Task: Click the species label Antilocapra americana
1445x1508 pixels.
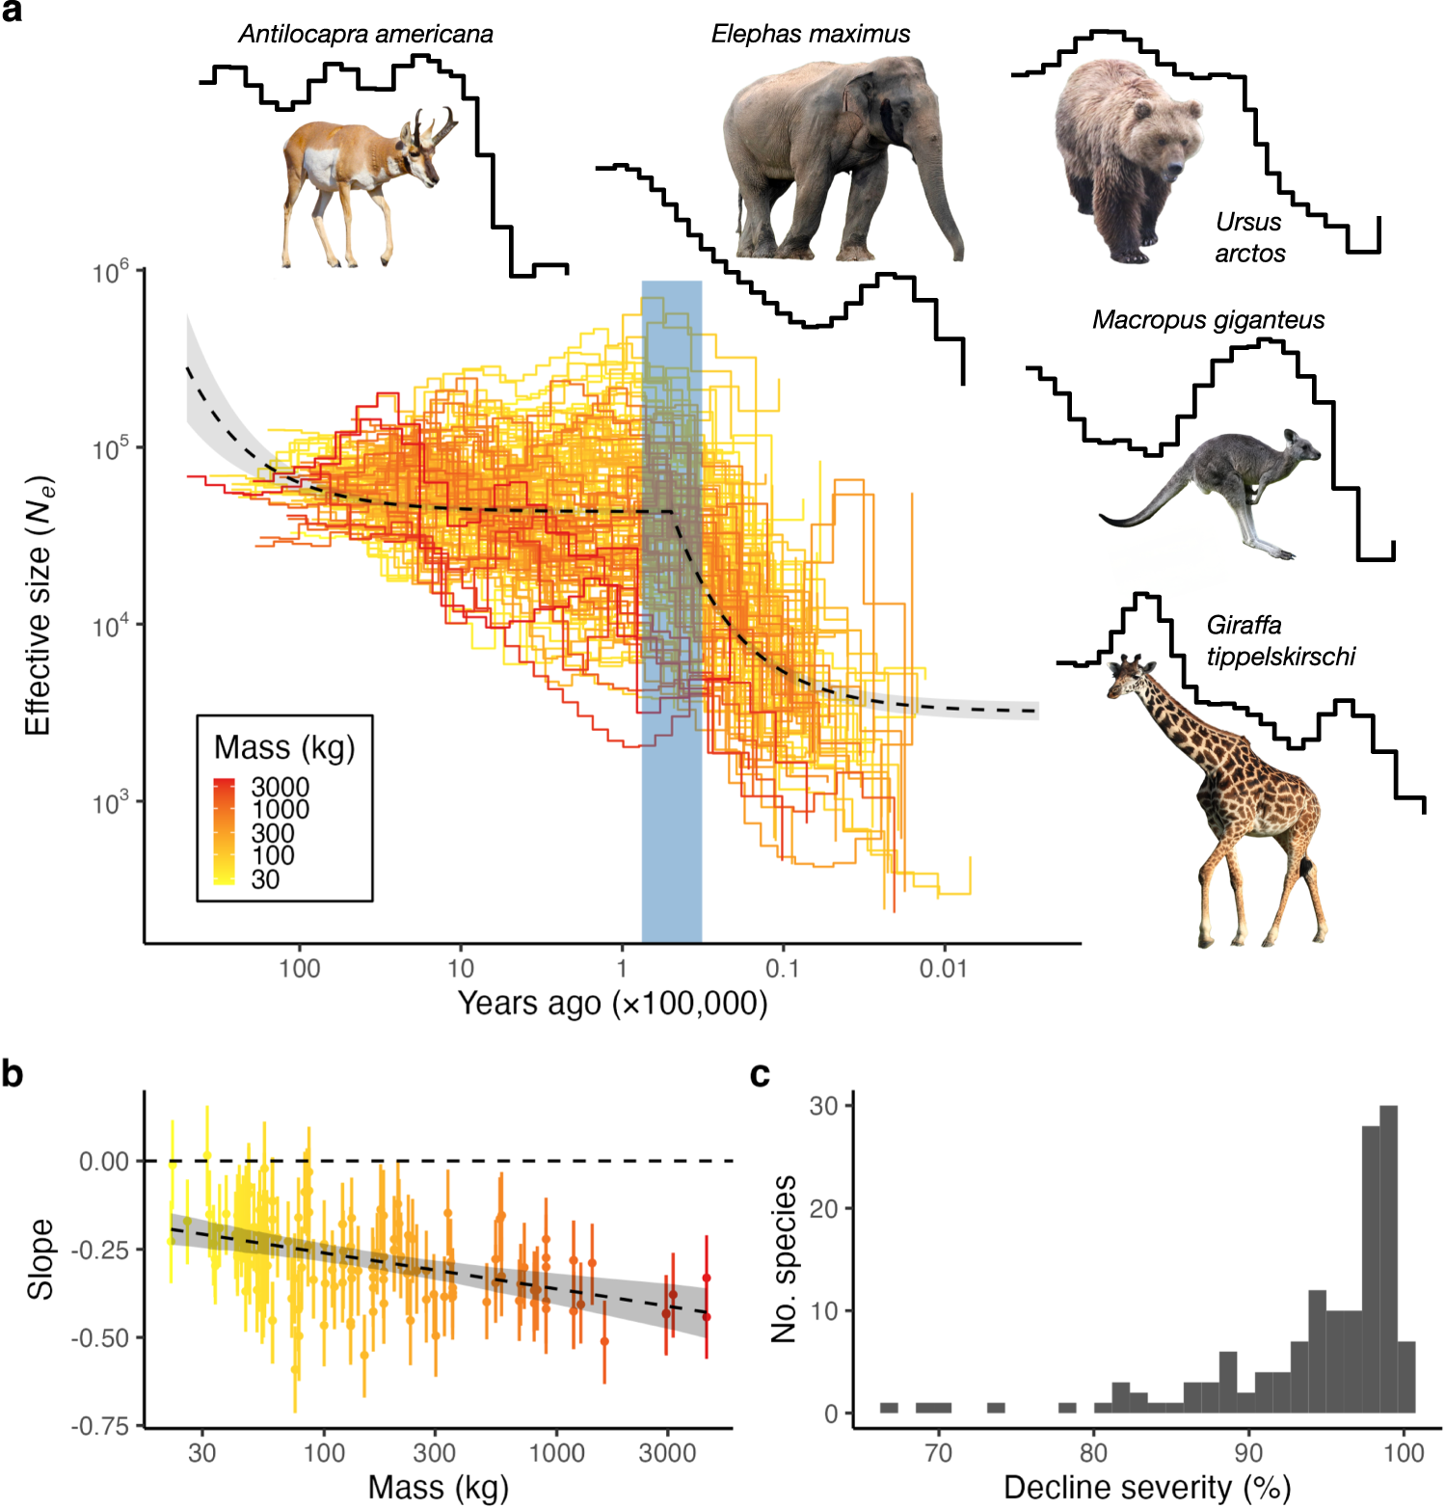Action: [365, 34]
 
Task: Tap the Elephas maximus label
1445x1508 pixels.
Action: [810, 34]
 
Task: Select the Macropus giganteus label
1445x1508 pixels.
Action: [1208, 320]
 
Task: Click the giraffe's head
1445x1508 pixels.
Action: [1126, 675]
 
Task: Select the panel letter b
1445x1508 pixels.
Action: [13, 1073]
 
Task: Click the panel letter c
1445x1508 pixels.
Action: [760, 1073]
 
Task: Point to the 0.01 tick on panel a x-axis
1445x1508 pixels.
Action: [942, 968]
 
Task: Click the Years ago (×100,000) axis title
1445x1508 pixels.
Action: [612, 1004]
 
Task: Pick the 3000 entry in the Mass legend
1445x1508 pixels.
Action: [280, 787]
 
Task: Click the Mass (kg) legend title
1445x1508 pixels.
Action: [284, 747]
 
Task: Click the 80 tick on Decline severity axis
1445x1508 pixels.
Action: [1093, 1452]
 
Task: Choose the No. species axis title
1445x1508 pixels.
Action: [784, 1258]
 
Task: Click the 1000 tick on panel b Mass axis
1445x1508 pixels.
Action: [556, 1452]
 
